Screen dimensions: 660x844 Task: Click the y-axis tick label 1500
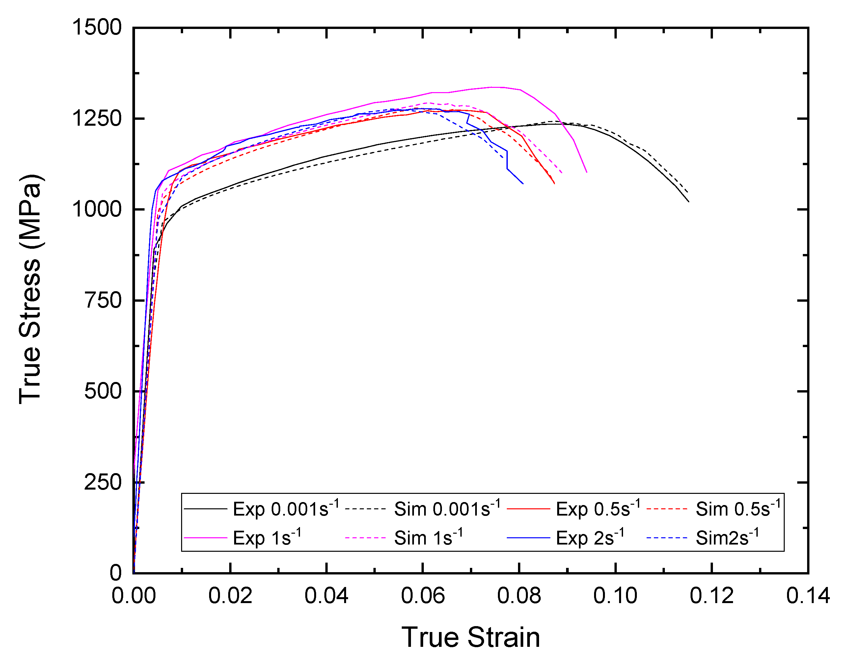pos(97,28)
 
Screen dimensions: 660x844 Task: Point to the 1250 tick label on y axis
pos(97,119)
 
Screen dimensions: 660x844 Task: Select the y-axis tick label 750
pos(103,300)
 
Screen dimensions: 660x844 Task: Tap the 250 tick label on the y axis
pos(103,482)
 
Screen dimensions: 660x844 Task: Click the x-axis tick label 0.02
pos(230,596)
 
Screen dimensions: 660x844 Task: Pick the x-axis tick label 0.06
pos(423,596)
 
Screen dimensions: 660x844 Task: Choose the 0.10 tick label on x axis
pos(615,596)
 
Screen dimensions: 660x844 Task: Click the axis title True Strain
pos(471,637)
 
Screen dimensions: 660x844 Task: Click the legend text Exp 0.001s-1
pos(286,509)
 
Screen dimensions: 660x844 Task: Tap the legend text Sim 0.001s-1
pos(447,509)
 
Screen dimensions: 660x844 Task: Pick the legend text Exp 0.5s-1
pos(598,509)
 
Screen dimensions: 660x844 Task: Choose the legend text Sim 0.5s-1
pos(738,509)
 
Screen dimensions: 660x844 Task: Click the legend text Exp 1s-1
pos(267,538)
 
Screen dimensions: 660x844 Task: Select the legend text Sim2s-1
pos(727,538)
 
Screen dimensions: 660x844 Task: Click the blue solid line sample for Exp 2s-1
pos(529,538)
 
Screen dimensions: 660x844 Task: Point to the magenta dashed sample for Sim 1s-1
pos(365,538)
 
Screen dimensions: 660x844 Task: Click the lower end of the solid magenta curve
pos(587,172)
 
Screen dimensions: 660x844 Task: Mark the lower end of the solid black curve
pos(689,201)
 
